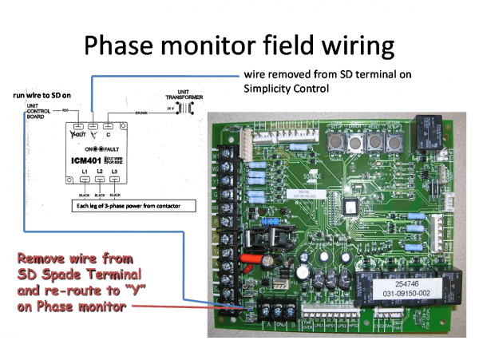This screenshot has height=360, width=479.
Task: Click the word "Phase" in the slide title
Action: click(127, 45)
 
